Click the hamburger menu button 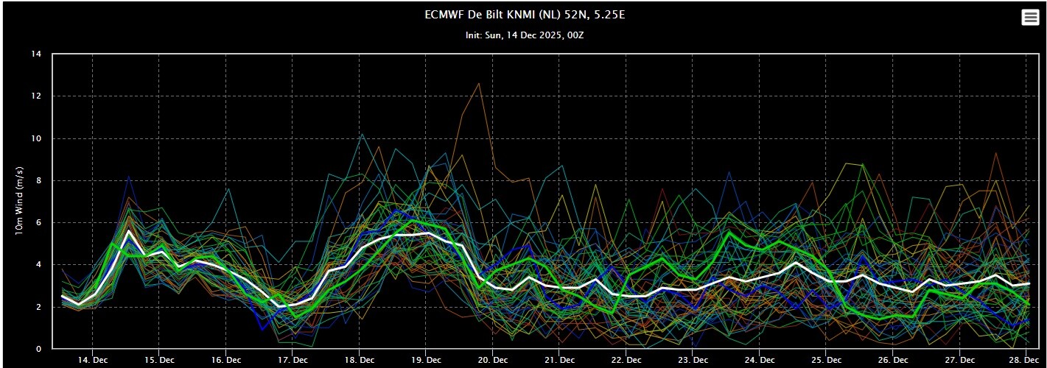(x=1030, y=18)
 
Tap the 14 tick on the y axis (x=36, y=54)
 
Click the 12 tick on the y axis (x=36, y=96)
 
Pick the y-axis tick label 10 (x=36, y=138)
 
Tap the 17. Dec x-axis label (x=293, y=360)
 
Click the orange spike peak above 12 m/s (x=480, y=83)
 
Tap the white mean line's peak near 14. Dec (x=129, y=230)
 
